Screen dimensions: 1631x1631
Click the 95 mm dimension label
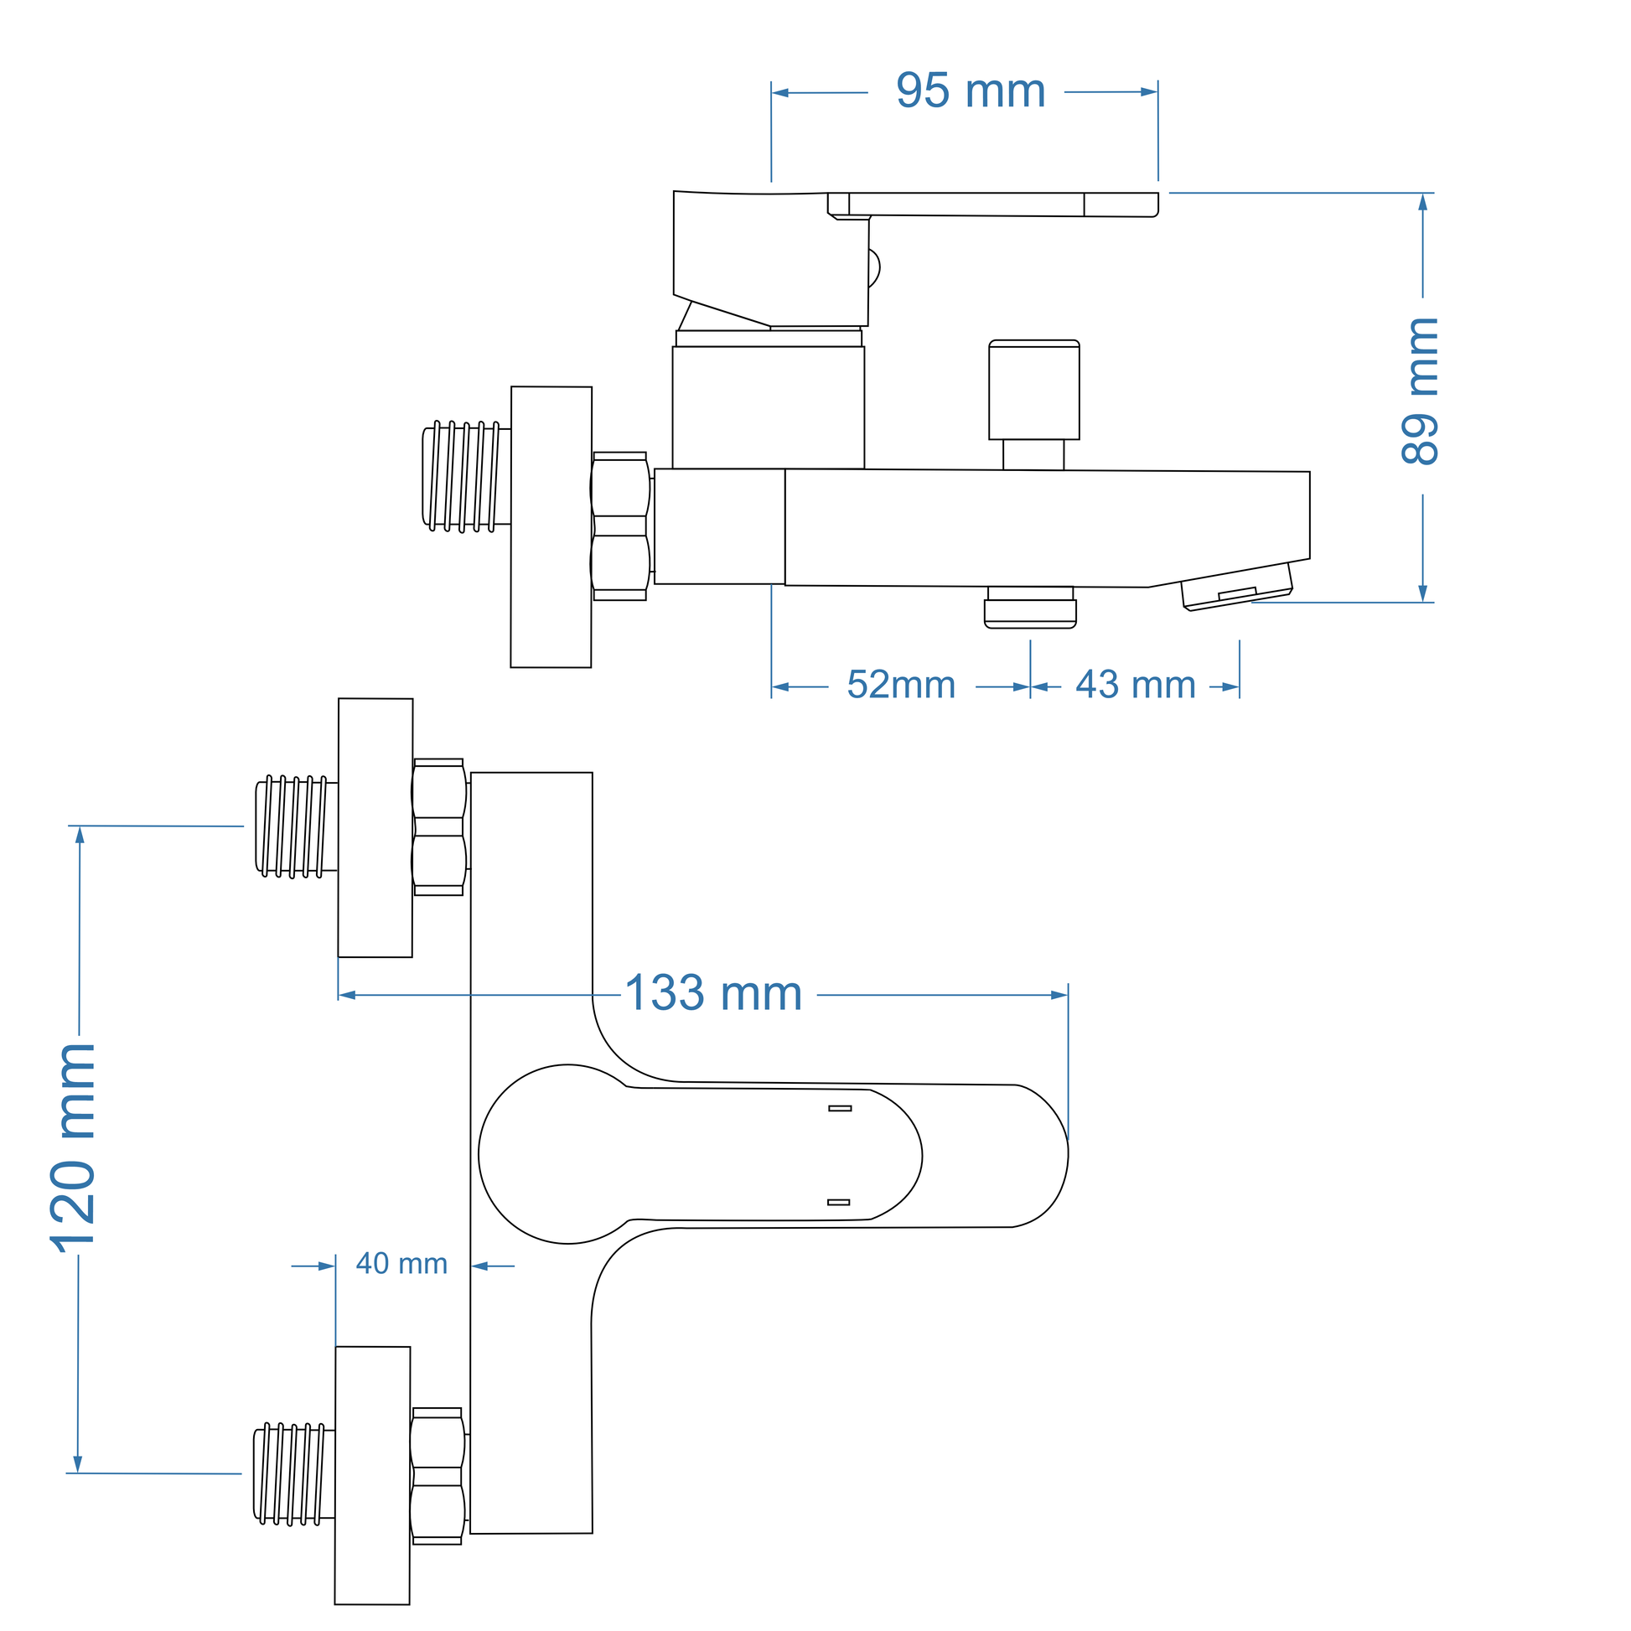[x=970, y=91]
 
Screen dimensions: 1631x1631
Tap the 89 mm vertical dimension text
[x=1420, y=391]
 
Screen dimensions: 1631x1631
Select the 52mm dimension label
[x=901, y=685]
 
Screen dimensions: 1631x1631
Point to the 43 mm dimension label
[x=1136, y=686]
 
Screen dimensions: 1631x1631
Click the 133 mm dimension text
[x=713, y=994]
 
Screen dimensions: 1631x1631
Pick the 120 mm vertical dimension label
[x=75, y=1148]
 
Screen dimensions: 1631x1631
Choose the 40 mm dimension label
[x=401, y=1264]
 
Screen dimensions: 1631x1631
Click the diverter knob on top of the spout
[x=1033, y=390]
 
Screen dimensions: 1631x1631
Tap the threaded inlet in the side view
[x=466, y=476]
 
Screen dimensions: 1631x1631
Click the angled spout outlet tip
[x=1237, y=587]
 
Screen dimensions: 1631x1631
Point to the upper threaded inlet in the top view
[x=296, y=826]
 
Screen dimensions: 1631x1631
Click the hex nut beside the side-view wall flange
[x=620, y=526]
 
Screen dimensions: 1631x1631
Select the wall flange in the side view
[x=551, y=527]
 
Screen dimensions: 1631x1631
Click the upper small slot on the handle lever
[x=840, y=1109]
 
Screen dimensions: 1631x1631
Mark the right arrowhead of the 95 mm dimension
[x=1149, y=92]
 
